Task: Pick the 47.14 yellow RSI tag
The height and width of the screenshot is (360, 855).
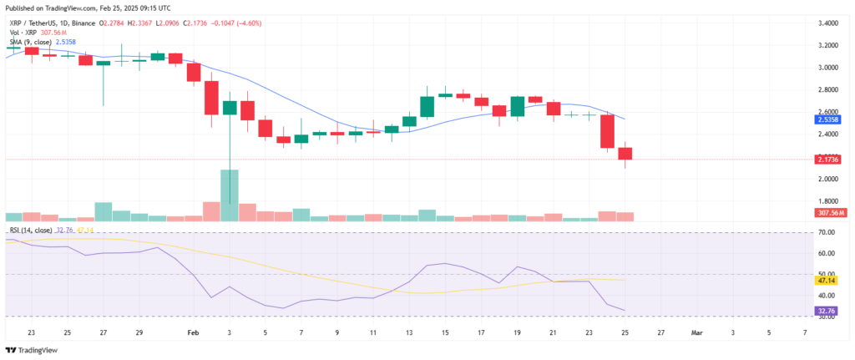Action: pyautogui.click(x=827, y=281)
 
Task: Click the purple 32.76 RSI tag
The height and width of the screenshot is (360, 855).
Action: pyautogui.click(x=827, y=311)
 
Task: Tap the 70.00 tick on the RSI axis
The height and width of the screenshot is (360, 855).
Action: pyautogui.click(x=826, y=231)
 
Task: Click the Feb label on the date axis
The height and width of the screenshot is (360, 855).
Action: pyautogui.click(x=193, y=332)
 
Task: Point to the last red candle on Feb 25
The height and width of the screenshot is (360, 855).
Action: pyautogui.click(x=625, y=153)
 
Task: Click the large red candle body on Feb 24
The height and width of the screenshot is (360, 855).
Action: pyautogui.click(x=607, y=132)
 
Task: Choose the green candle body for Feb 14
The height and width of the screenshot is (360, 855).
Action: pyautogui.click(x=427, y=107)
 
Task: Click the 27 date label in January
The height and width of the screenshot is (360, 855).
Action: pyautogui.click(x=104, y=332)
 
